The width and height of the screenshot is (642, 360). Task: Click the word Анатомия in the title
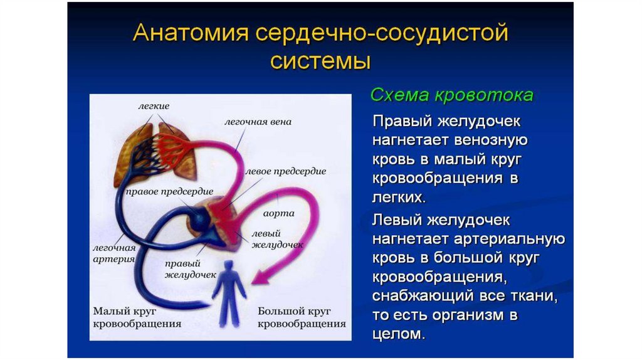pyautogui.click(x=191, y=32)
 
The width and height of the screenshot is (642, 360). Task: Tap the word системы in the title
pyautogui.click(x=320, y=61)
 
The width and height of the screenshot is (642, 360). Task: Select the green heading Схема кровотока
pyautogui.click(x=452, y=95)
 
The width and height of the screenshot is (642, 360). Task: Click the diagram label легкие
pyautogui.click(x=154, y=106)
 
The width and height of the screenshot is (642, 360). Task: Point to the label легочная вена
pyautogui.click(x=258, y=122)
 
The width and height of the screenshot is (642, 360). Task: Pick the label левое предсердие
pyautogui.click(x=286, y=171)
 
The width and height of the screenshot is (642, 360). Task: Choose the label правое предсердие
pyautogui.click(x=169, y=192)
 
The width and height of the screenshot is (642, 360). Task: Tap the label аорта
pyautogui.click(x=278, y=213)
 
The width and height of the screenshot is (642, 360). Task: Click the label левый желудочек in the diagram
pyautogui.click(x=277, y=239)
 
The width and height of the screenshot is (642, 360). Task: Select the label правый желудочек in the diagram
pyautogui.click(x=191, y=269)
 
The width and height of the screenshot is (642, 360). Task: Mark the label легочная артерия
pyautogui.click(x=114, y=253)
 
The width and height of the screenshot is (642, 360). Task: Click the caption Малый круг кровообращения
pyautogui.click(x=137, y=317)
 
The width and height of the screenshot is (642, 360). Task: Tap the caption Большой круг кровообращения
pyautogui.click(x=302, y=317)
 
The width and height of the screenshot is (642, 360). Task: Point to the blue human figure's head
pyautogui.click(x=228, y=265)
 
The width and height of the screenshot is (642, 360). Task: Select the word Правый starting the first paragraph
pyautogui.click(x=403, y=122)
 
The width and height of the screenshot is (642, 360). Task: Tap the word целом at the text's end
pyautogui.click(x=398, y=334)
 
